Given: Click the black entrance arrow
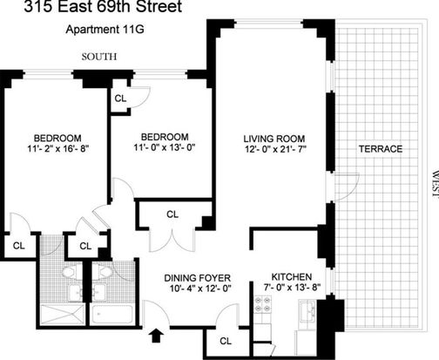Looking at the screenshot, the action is [156, 336].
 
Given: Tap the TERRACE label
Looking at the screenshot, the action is [381, 149].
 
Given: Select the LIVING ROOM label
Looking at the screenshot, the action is [274, 139].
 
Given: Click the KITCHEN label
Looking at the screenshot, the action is [292, 276].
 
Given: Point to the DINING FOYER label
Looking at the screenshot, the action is [198, 278].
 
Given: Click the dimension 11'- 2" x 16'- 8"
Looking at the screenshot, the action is [57, 149].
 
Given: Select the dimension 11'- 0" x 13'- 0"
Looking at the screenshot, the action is [165, 147].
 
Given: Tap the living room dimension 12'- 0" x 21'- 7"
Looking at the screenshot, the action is [275, 149].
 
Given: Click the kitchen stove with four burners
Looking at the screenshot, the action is [263, 305].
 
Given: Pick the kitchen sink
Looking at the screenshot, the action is [307, 311].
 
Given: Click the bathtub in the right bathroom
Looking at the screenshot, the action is [111, 315].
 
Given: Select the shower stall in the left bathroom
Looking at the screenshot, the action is [62, 315].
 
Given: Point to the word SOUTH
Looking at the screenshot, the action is [99, 57].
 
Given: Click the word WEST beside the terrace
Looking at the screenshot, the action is [435, 184].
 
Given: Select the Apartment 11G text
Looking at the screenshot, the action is [105, 30].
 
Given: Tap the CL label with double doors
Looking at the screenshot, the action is [172, 214].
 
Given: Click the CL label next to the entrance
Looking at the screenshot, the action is [226, 341].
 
